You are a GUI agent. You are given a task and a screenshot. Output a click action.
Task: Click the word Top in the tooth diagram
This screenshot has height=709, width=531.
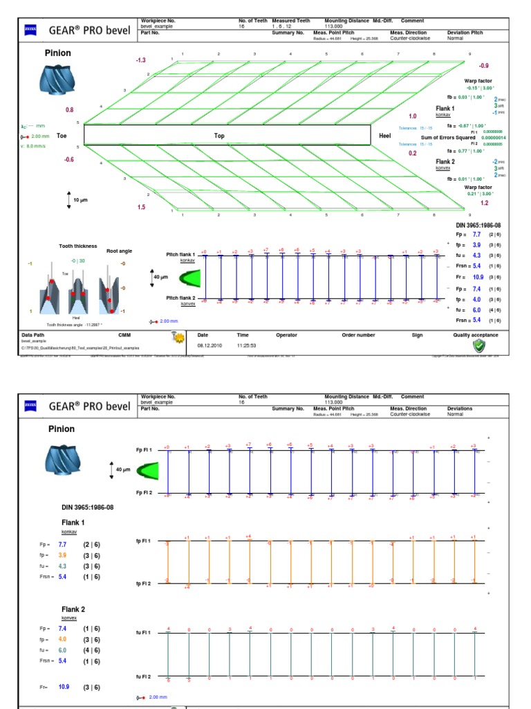[219, 136]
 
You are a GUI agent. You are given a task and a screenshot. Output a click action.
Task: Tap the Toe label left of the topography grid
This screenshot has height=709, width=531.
[62, 136]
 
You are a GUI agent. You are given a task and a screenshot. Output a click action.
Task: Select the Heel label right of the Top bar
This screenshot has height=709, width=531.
[385, 136]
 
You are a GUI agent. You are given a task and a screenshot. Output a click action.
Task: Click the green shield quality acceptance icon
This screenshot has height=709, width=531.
[478, 345]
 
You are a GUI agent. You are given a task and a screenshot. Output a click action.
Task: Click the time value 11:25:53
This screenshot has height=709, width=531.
[247, 344]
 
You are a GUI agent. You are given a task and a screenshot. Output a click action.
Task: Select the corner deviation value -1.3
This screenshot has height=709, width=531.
[140, 61]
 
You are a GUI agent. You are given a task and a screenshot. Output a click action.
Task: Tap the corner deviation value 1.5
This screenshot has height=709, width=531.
[141, 207]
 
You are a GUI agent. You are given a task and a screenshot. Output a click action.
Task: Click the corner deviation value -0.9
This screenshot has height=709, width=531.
[484, 65]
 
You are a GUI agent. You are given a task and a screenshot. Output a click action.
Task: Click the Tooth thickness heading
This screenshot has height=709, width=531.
[77, 246]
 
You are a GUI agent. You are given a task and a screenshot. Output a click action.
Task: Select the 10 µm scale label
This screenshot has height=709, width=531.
[81, 200]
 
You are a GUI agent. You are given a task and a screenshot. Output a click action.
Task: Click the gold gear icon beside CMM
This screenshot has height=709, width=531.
[178, 337]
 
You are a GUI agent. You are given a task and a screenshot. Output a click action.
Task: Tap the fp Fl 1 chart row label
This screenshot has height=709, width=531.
[144, 540]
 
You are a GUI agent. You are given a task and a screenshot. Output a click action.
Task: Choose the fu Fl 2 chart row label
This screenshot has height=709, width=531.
[144, 676]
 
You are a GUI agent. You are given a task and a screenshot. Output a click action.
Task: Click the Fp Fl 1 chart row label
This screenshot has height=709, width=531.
[144, 450]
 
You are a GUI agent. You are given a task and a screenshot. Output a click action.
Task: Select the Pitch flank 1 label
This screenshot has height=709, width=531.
[181, 255]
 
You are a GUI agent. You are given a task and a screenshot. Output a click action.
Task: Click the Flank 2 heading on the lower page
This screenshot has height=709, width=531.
[73, 609]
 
